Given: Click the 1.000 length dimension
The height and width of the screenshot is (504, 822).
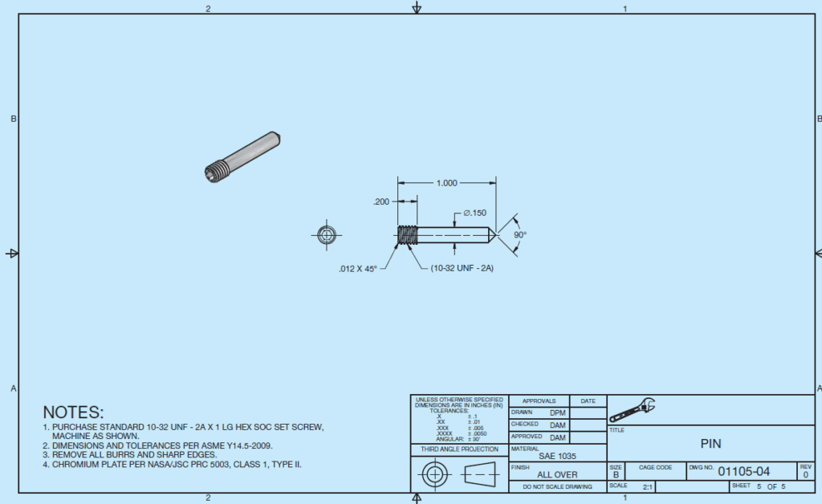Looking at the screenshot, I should [x=446, y=183].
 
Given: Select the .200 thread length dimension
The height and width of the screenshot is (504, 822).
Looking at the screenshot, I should [x=381, y=202].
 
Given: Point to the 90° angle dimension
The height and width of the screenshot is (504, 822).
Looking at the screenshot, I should [x=519, y=234].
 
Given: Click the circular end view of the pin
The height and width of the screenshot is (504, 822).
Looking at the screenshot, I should [x=326, y=234].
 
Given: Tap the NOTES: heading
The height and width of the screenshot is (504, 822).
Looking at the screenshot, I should [x=73, y=412].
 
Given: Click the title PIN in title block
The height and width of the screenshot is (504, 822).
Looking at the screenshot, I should [x=711, y=442].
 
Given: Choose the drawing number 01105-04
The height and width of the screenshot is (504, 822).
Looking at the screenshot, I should [x=743, y=471].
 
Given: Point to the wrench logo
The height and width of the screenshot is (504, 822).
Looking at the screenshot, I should [x=632, y=410].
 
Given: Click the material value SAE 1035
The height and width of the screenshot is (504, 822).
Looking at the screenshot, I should [x=557, y=456].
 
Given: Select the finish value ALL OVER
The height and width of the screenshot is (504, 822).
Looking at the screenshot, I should [x=557, y=474].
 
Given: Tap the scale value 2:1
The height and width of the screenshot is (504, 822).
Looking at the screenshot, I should [x=647, y=486].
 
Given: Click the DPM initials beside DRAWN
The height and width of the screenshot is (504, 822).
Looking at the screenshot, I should [x=557, y=413].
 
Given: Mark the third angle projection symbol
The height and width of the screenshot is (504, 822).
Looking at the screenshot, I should [x=458, y=474].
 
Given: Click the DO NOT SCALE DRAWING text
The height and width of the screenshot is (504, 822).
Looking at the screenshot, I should [x=557, y=486].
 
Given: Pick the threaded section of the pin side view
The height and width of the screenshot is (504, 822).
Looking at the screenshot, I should [x=408, y=234].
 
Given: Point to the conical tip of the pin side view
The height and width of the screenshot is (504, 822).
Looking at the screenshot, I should [x=488, y=234].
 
